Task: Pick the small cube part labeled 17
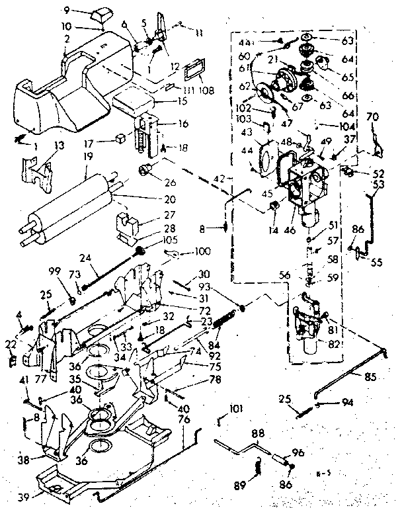120,139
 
